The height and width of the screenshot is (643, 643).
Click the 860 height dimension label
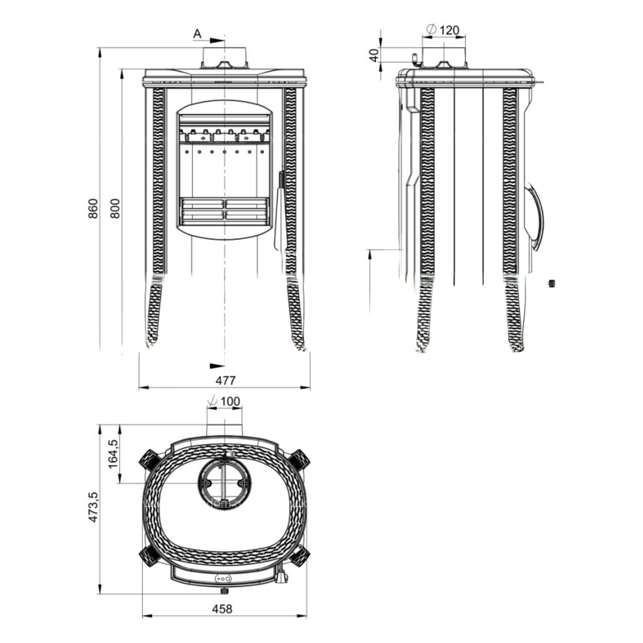click(94, 208)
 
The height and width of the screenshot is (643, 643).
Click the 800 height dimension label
click(115, 208)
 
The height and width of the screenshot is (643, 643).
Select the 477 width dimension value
click(225, 380)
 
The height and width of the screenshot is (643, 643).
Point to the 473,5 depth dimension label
click(94, 507)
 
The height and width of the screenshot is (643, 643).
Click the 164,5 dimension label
click(113, 453)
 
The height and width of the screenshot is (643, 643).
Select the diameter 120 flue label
click(443, 30)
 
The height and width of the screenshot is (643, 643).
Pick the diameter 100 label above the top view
click(224, 401)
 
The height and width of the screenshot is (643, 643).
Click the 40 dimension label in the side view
click(373, 55)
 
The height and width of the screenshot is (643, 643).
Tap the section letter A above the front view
click(197, 34)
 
